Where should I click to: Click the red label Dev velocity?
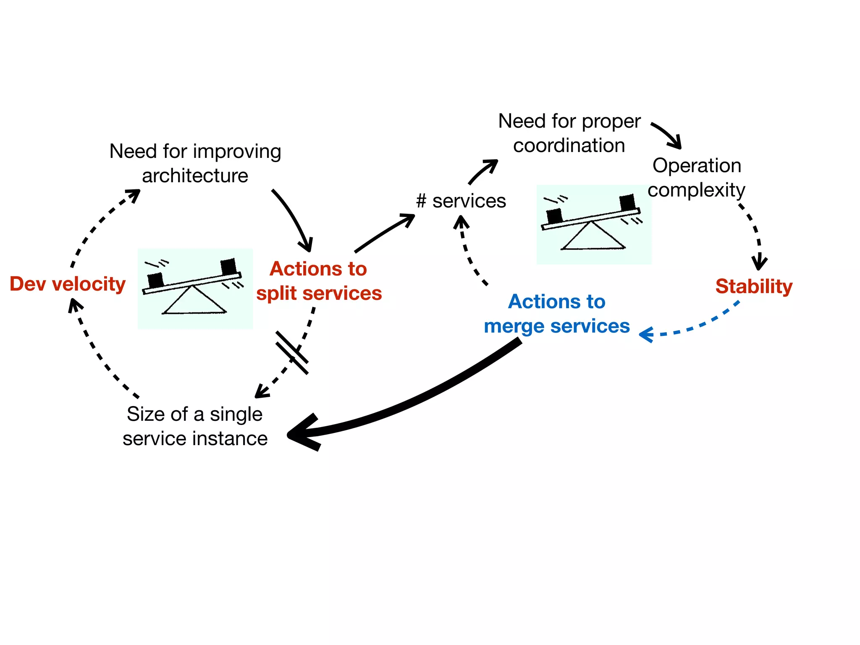pyautogui.click(x=67, y=284)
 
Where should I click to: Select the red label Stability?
pyautogui.click(x=754, y=287)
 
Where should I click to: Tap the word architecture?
pyautogui.click(x=195, y=176)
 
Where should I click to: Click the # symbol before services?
pyautogui.click(x=421, y=201)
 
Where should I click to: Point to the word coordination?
pyautogui.click(x=569, y=146)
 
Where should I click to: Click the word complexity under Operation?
pyautogui.click(x=696, y=190)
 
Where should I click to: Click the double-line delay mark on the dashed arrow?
pyautogui.click(x=292, y=353)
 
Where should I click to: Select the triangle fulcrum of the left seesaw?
pyautogui.click(x=194, y=302)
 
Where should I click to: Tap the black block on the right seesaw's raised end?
pyautogui.click(x=627, y=202)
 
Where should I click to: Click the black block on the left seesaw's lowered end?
pyautogui.click(x=155, y=280)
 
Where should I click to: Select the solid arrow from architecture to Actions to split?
pyautogui.click(x=294, y=218)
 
